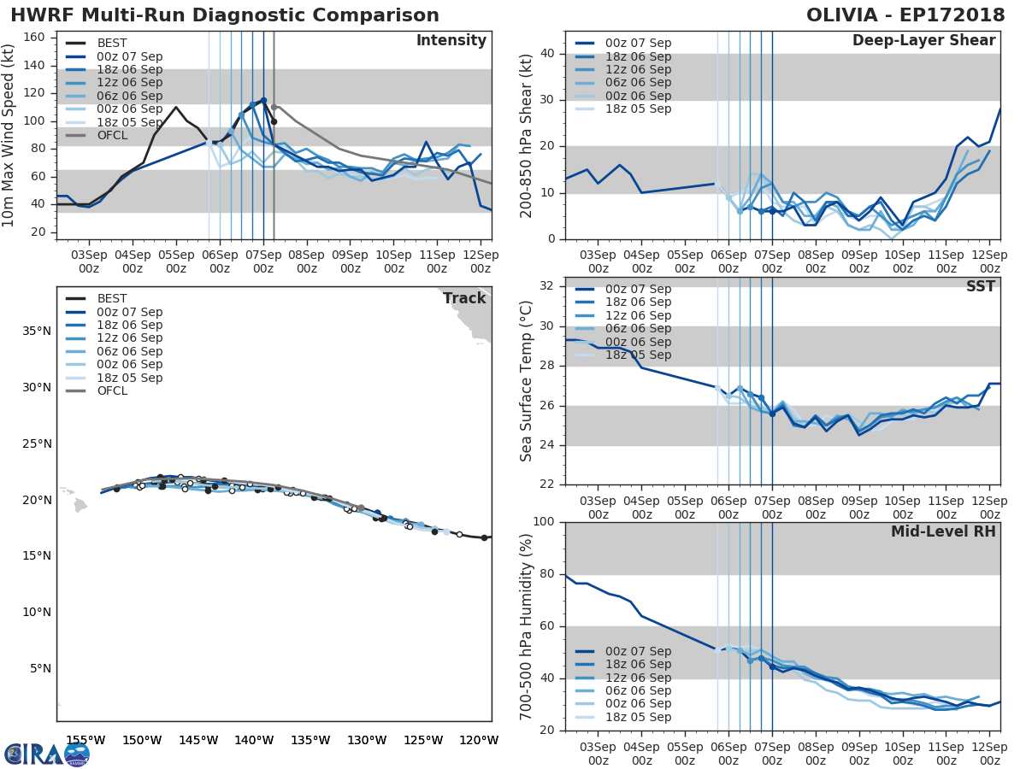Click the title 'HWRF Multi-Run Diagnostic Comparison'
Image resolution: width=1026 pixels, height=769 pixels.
[x=224, y=15]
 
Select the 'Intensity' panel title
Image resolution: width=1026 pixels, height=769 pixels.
[x=451, y=41]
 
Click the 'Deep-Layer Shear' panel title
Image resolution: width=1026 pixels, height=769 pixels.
[x=923, y=41]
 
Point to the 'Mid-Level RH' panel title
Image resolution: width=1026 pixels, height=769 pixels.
[x=943, y=531]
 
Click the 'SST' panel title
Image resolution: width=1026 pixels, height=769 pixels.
[x=980, y=286]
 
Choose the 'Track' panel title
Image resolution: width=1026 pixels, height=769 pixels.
[x=464, y=298]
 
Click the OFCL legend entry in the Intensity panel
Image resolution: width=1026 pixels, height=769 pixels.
[x=112, y=135]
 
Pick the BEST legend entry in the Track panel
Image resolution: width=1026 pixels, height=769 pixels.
[x=112, y=299]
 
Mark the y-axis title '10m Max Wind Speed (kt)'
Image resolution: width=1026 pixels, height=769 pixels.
[x=9, y=136]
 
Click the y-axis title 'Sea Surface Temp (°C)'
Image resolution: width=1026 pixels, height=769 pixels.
[x=526, y=381]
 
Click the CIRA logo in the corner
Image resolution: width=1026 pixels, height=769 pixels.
[x=47, y=754]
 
